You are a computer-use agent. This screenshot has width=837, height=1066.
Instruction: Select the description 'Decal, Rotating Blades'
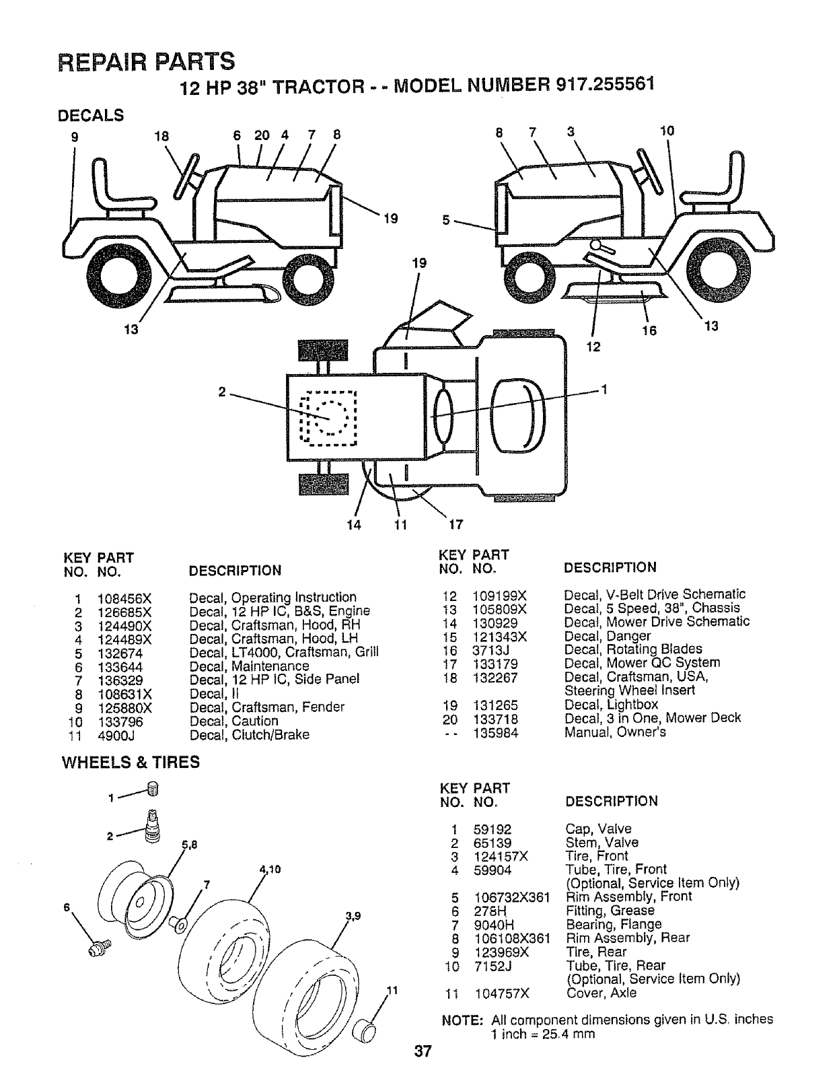[x=632, y=649]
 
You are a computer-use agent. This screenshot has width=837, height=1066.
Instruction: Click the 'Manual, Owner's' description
[x=614, y=732]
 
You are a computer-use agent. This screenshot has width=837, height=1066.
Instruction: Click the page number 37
[x=422, y=1051]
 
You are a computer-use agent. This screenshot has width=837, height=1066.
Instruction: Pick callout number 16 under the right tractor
[x=650, y=330]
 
